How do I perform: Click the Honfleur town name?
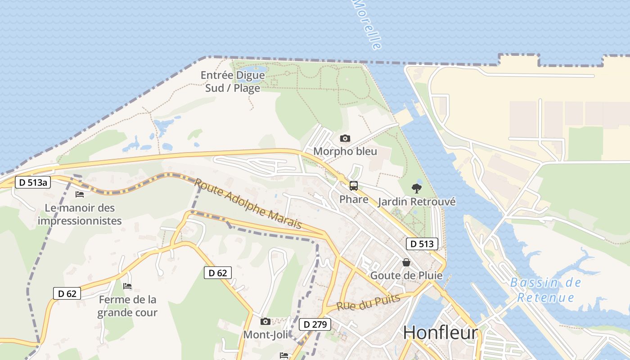(x=440, y=333)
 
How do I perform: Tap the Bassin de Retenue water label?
(x=545, y=290)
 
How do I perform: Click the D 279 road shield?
(x=315, y=324)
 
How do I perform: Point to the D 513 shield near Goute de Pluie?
(x=422, y=244)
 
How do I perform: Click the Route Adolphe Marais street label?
(x=247, y=204)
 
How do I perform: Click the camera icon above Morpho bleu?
(x=345, y=138)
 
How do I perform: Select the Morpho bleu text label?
(x=345, y=151)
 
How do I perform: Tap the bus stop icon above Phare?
(x=354, y=185)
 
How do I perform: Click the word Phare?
(x=354, y=199)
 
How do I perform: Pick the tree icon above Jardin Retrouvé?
(x=417, y=188)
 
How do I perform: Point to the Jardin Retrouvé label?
(x=417, y=202)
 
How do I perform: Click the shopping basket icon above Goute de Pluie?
(x=406, y=262)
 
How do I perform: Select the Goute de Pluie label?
(x=406, y=275)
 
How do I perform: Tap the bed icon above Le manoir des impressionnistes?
(x=80, y=194)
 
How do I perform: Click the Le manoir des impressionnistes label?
(x=80, y=214)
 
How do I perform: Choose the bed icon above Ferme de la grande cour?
(x=127, y=286)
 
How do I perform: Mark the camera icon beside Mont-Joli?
(x=265, y=321)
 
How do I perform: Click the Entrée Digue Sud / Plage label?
(x=233, y=81)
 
